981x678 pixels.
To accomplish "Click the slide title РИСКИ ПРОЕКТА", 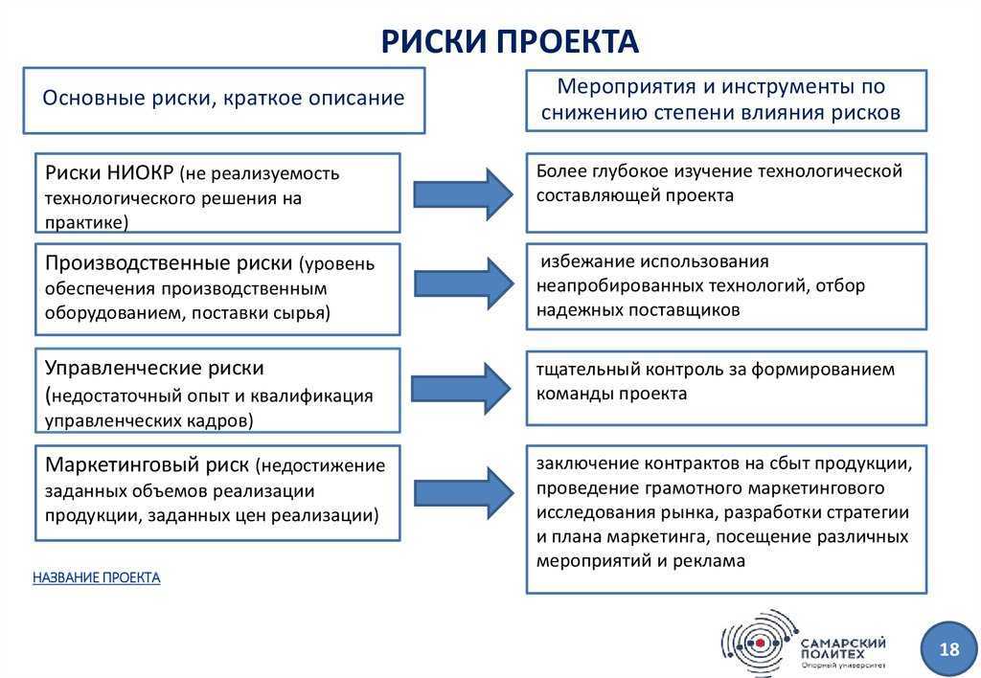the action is pos(510,41).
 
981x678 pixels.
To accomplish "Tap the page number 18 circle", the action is pos(948,648).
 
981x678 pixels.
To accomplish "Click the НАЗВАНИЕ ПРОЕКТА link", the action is pos(97,577).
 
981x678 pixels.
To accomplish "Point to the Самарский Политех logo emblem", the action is pos(760,643).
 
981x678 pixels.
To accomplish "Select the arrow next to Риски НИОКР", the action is pos(463,193).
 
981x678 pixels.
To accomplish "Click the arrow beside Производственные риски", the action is pos(464,284).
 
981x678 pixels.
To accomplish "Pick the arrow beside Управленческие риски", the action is pos(461,388).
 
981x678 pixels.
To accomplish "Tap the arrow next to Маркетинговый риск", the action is pos(464,492).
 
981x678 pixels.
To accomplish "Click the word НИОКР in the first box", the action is pos(140,172).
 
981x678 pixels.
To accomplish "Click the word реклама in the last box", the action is pos(709,561).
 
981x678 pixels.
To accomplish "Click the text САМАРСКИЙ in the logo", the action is pos(843,643).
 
